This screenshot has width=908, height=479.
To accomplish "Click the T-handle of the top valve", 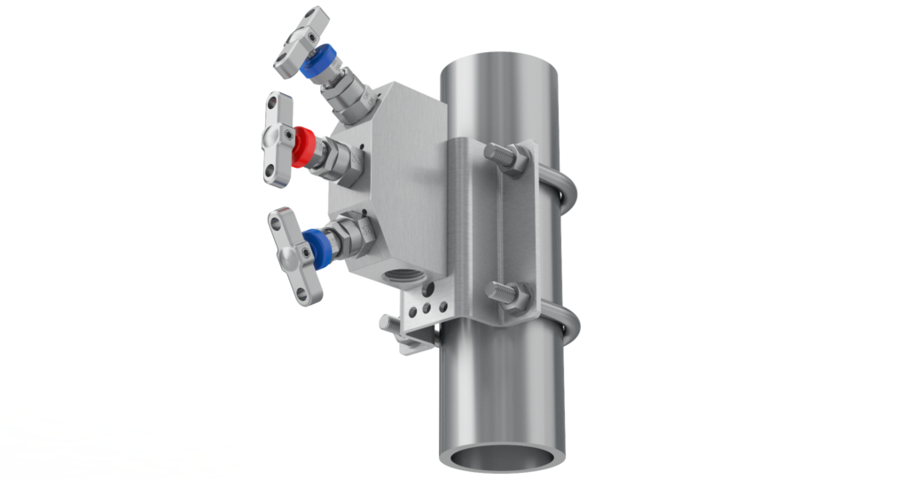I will click(x=299, y=41).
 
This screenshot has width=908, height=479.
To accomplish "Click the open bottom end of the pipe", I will click(x=503, y=456).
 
